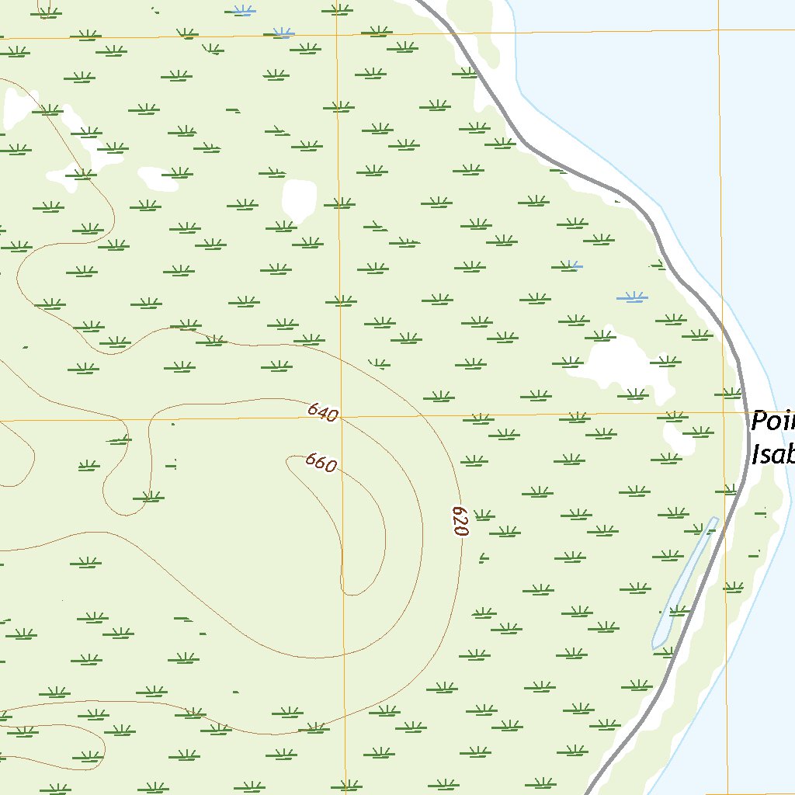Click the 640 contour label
(x=322, y=412)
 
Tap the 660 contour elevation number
(x=321, y=463)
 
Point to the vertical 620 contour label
(x=460, y=521)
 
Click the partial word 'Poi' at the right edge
(x=772, y=422)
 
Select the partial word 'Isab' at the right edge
(x=772, y=453)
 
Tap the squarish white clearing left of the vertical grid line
(x=299, y=200)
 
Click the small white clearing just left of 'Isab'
(x=677, y=439)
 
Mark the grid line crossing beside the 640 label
(x=339, y=418)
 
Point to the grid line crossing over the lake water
(x=719, y=30)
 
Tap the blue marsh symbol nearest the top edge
(x=244, y=11)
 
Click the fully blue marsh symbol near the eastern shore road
(x=632, y=297)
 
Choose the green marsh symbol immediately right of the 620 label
(x=484, y=516)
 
